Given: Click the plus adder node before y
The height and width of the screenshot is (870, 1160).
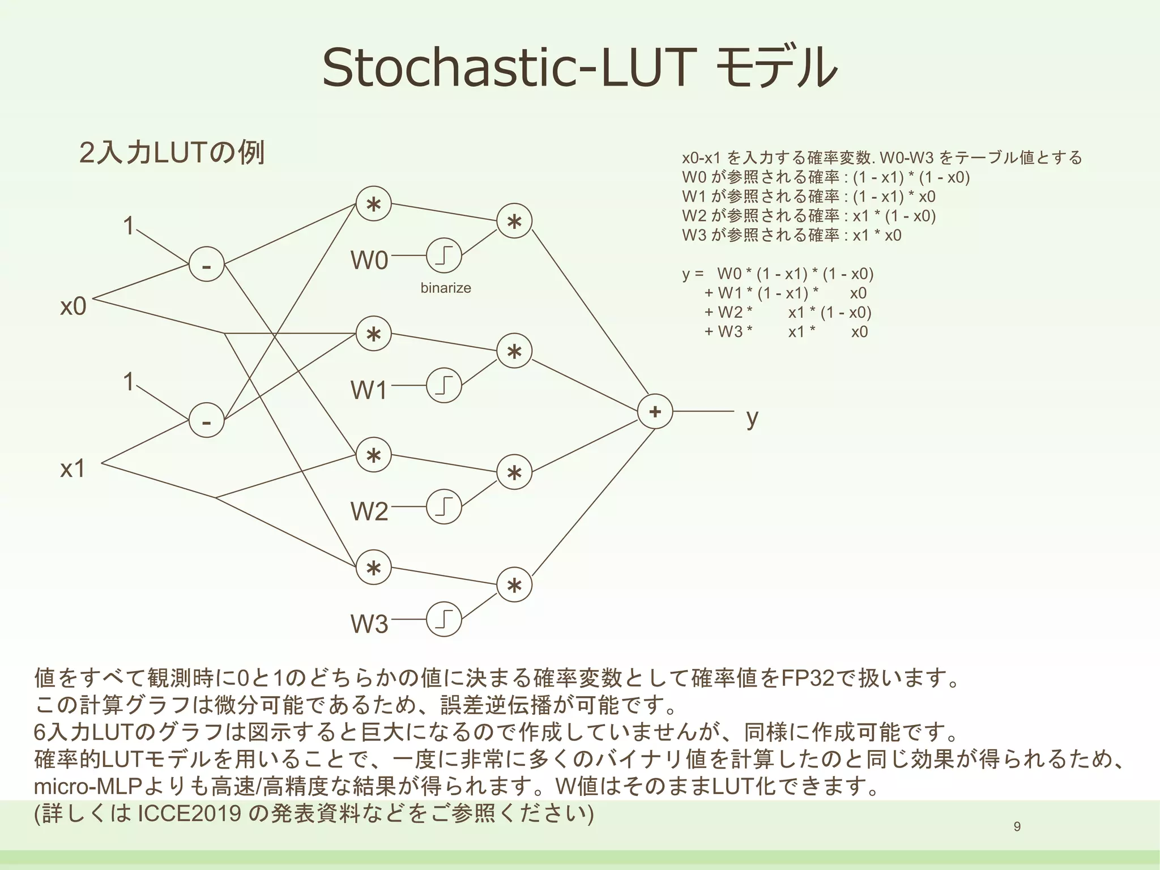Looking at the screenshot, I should coord(655,411).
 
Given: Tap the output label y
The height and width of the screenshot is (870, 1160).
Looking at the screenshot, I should coord(752,417).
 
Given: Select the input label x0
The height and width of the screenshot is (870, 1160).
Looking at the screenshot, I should coord(73,306).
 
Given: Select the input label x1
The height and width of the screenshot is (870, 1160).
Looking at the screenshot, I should coord(73,468).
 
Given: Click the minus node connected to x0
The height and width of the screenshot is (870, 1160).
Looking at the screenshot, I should coord(206,265).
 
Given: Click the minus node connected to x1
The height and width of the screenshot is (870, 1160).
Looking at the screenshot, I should coord(206,420).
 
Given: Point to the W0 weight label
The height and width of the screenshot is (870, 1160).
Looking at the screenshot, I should coord(369,261).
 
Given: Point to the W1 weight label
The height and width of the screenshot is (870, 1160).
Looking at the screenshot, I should coord(369,390).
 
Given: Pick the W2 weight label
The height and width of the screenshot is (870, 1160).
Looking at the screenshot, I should coord(369,511).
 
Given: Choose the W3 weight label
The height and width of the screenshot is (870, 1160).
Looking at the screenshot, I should coord(369,624).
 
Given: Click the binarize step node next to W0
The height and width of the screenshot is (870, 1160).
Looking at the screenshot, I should coord(443,256).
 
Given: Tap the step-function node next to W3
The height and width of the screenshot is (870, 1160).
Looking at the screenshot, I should coord(443,620).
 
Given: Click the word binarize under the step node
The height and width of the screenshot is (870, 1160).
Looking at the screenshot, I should coord(446,288).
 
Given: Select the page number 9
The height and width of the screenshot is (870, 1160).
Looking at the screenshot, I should coord(1017,827).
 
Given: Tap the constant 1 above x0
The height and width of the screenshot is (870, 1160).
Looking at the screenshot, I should coord(129,226).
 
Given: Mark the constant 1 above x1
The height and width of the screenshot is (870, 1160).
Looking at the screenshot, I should coord(129,382).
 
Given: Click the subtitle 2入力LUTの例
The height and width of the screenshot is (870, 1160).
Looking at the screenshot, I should coord(172,153).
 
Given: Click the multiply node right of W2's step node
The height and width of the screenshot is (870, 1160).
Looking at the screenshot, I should coord(514,473).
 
